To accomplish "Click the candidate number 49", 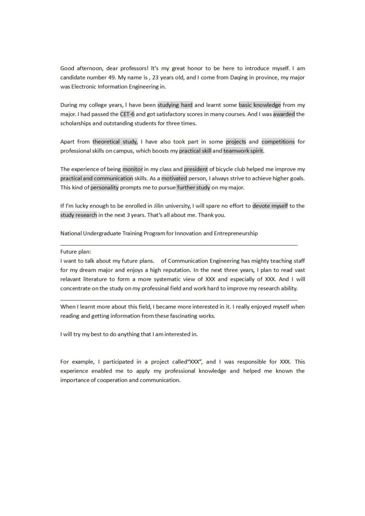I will (112, 78).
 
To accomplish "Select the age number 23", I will (155, 78).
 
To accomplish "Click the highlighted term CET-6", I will (127, 114).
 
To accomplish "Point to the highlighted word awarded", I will (284, 114).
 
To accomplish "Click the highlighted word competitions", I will (278, 142).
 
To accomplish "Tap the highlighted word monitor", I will (133, 169).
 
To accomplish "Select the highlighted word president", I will (196, 169).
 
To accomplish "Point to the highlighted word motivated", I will (174, 178).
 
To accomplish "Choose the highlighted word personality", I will (104, 188).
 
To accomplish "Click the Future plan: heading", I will (75, 252).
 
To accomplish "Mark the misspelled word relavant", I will (70, 279).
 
